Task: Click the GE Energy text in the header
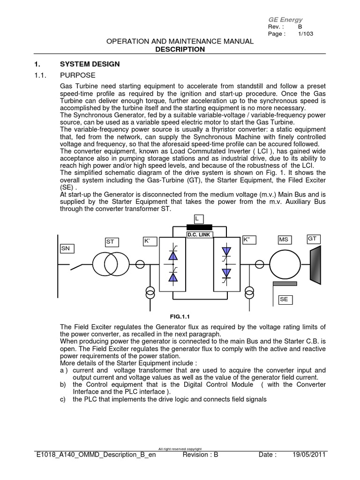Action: pos(285,20)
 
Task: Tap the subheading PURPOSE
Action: pos(78,75)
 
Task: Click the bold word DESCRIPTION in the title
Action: pos(180,49)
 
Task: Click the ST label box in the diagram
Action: pos(112,242)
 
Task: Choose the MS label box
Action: pos(284,240)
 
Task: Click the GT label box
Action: pos(313,239)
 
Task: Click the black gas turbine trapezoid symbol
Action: pos(315,264)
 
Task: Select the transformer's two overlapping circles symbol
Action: pos(105,264)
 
